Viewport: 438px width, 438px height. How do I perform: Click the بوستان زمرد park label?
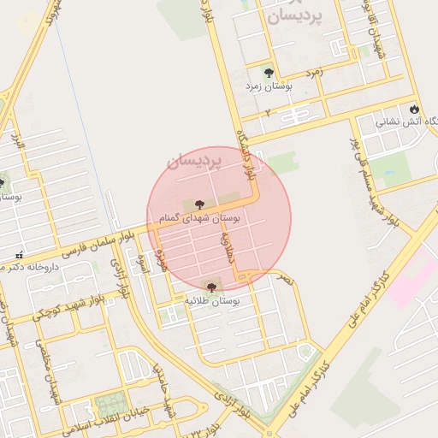(269, 86)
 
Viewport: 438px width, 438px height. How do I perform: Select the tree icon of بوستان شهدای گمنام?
(199, 204)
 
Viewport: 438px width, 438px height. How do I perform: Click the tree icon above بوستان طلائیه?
(211, 287)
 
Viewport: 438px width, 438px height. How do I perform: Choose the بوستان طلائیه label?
(212, 301)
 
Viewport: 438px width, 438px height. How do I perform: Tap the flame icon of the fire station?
(415, 109)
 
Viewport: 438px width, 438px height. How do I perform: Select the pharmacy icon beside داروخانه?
(19, 255)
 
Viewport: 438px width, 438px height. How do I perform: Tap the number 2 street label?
(267, 112)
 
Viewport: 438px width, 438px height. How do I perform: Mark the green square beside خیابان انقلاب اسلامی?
(109, 404)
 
